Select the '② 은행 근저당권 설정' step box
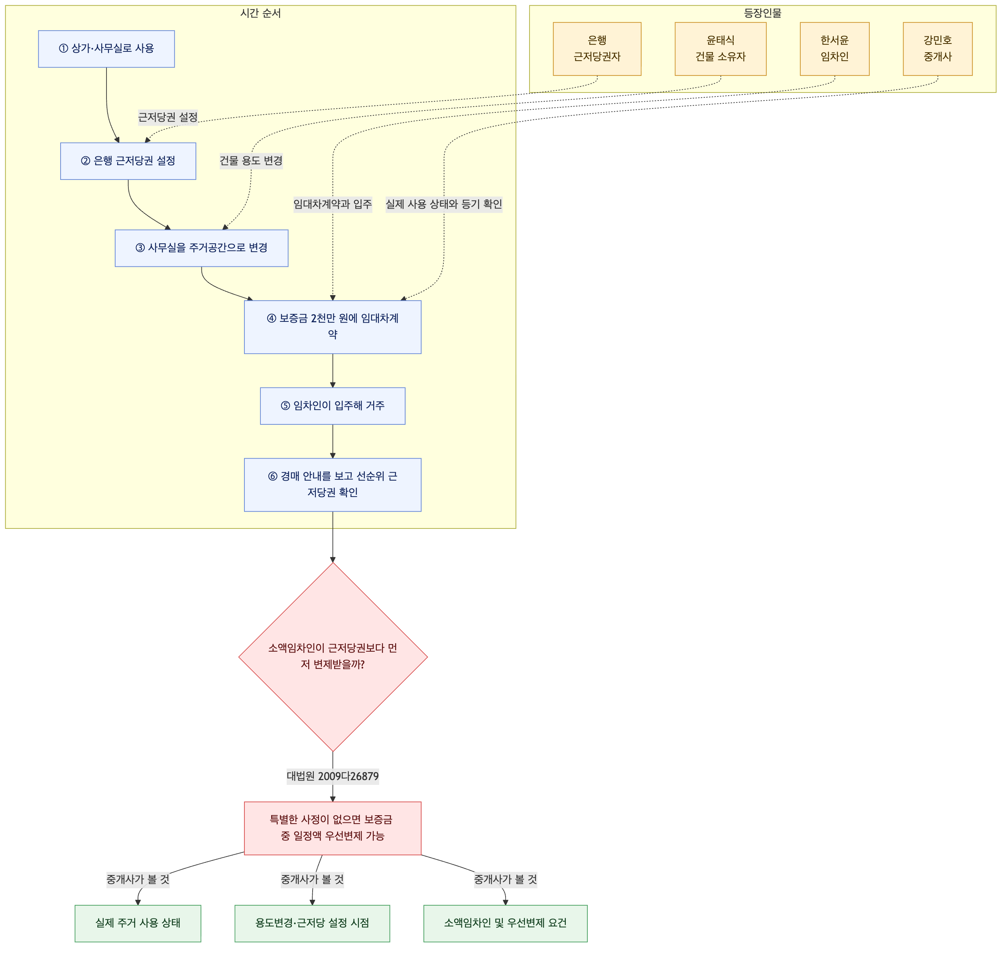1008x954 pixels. tap(128, 161)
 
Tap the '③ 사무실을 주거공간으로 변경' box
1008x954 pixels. tap(202, 248)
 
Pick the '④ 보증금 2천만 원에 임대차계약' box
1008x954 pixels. tap(333, 327)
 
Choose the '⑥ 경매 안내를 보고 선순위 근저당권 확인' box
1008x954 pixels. tap(333, 485)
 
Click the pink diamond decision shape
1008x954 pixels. tap(333, 657)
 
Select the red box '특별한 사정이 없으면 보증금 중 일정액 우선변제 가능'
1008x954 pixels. tap(333, 828)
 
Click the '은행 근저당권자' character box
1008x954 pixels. tap(598, 49)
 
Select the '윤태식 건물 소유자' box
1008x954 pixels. tap(721, 49)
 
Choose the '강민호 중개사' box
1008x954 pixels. tap(938, 49)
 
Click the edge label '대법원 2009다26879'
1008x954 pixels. tap(333, 777)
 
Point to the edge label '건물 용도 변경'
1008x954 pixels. tap(251, 161)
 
